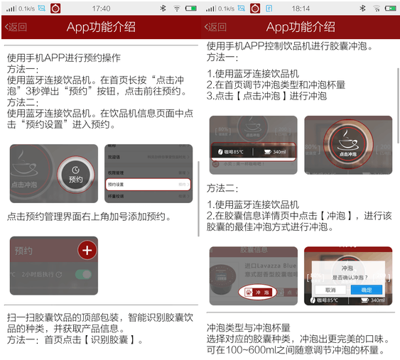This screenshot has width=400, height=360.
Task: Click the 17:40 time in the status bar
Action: point(101,8)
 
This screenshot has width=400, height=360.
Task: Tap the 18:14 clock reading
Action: point(301,8)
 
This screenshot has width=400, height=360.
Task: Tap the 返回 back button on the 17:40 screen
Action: point(16,27)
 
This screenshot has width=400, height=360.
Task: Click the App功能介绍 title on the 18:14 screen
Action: point(301,27)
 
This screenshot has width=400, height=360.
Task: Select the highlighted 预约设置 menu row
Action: point(148,185)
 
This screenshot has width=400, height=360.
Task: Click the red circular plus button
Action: point(87,250)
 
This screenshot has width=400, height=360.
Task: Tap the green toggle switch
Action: point(83,274)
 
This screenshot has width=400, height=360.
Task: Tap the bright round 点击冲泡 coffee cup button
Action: point(348,142)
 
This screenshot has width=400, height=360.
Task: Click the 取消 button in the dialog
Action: point(330,290)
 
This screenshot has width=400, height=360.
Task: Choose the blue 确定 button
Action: point(366,290)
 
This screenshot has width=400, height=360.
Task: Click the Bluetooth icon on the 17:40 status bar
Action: point(161,8)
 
